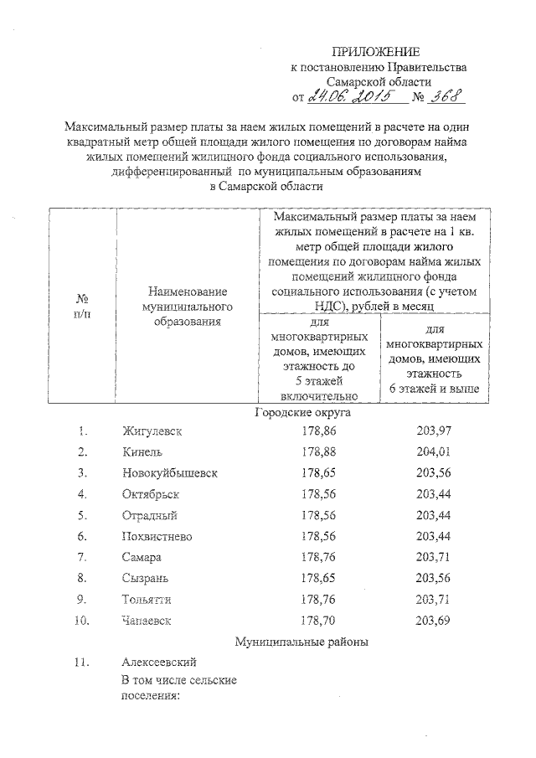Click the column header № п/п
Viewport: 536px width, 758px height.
click(83, 306)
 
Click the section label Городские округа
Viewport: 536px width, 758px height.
click(301, 413)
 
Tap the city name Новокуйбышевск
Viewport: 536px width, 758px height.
click(170, 473)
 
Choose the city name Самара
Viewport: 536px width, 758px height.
click(141, 557)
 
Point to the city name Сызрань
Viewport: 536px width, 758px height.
click(146, 578)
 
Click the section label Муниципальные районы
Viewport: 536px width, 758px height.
click(301, 642)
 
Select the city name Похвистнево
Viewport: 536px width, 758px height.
click(159, 536)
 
